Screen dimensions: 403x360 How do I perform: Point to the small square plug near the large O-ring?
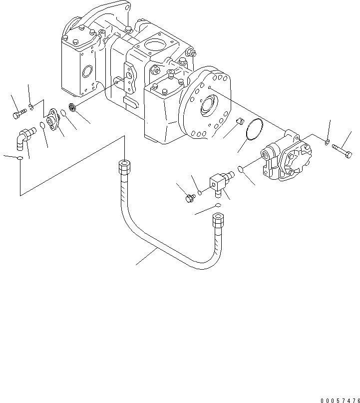[x=239, y=121]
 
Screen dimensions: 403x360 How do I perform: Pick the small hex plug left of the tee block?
[x=189, y=199]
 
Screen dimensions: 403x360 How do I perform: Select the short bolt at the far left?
[x=18, y=115]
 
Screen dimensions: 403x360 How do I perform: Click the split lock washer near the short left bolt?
[x=31, y=105]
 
